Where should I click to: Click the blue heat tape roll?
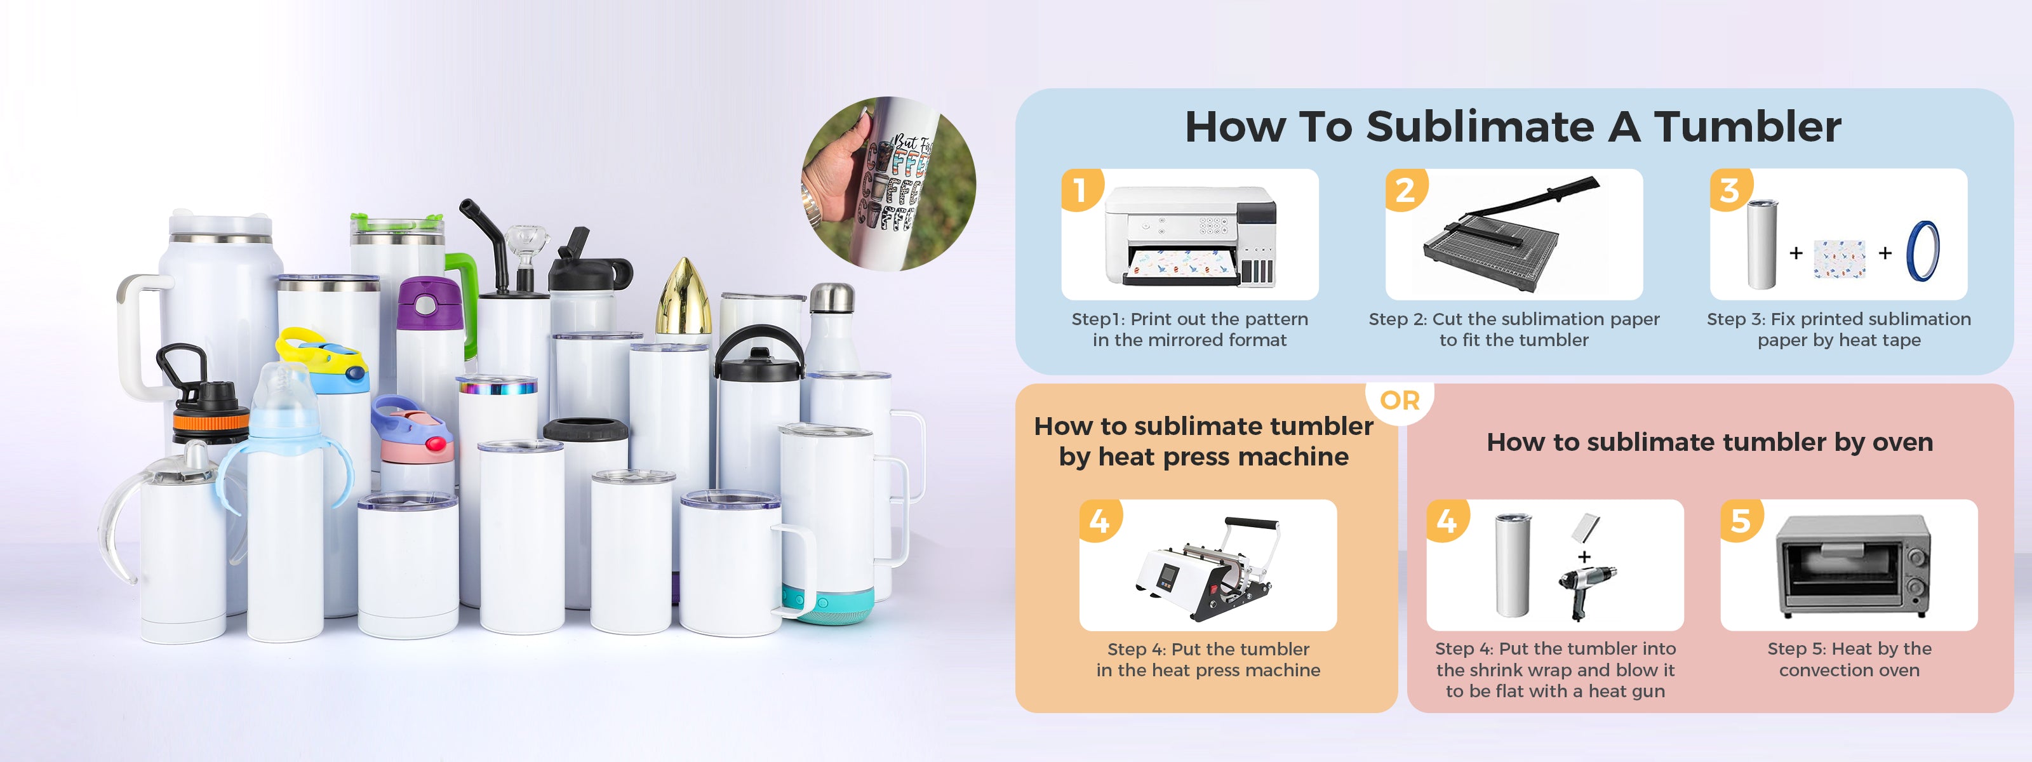pyautogui.click(x=1923, y=251)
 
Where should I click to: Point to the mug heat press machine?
pyautogui.click(x=1208, y=567)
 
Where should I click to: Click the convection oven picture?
pyautogui.click(x=1850, y=566)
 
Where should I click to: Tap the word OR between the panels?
pyautogui.click(x=1400, y=401)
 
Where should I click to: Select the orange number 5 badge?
pyautogui.click(x=1741, y=521)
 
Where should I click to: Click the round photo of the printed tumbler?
pyautogui.click(x=889, y=184)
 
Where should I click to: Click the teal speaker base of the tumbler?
pyautogui.click(x=828, y=605)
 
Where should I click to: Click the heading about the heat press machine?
pyautogui.click(x=1204, y=441)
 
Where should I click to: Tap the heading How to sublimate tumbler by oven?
pyautogui.click(x=1709, y=442)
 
